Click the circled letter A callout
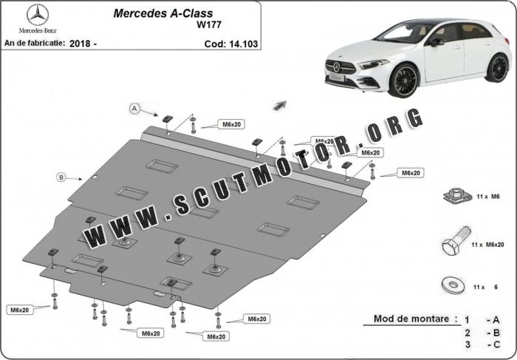tap(135, 109)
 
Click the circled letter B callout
tap(61, 176)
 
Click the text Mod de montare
tap(411, 319)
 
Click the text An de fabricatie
tap(34, 44)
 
